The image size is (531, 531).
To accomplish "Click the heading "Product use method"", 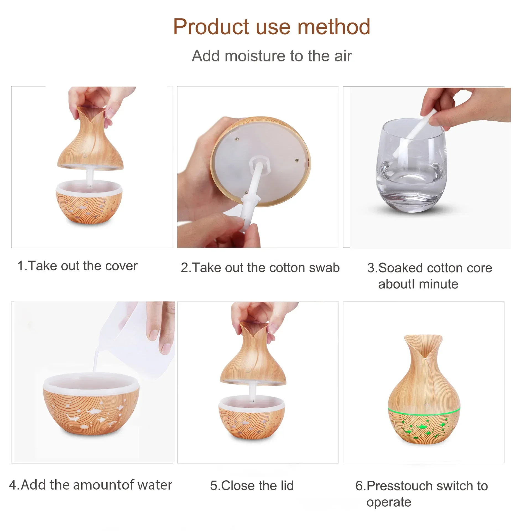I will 272,27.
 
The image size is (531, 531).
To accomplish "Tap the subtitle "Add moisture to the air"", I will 272,56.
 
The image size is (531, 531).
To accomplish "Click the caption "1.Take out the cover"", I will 77,266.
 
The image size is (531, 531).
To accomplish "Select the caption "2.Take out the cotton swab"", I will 260,268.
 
